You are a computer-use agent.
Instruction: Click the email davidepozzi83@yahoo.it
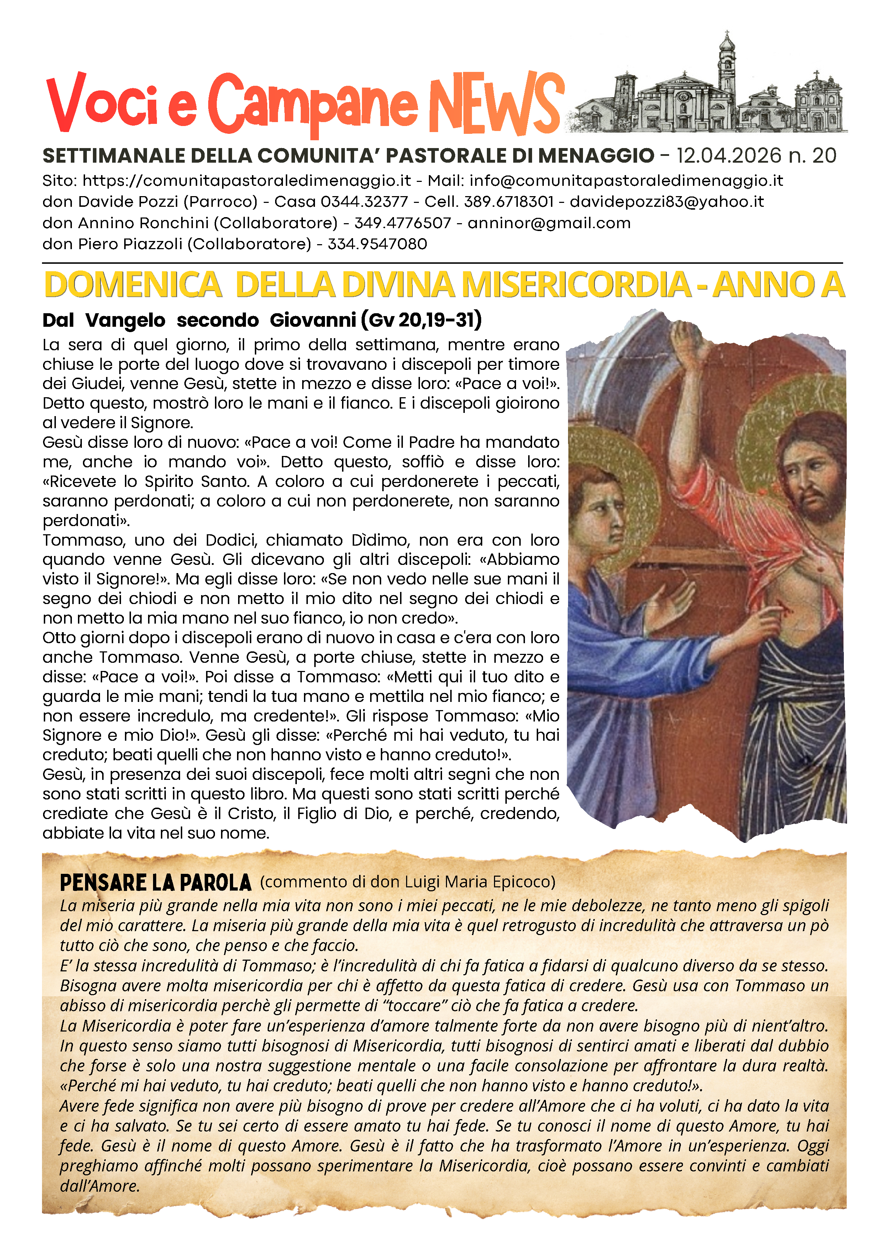coord(667,202)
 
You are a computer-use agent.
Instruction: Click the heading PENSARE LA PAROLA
coord(156,882)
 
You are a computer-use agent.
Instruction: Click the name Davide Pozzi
coord(128,202)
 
